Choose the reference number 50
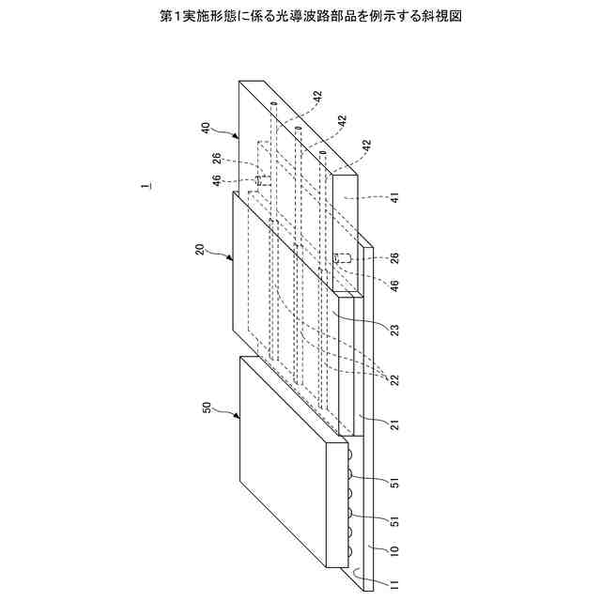click(x=208, y=408)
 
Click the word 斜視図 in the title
click(x=442, y=17)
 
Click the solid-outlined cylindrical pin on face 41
click(x=342, y=257)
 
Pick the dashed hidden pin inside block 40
click(x=257, y=178)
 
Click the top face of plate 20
click(x=286, y=282)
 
